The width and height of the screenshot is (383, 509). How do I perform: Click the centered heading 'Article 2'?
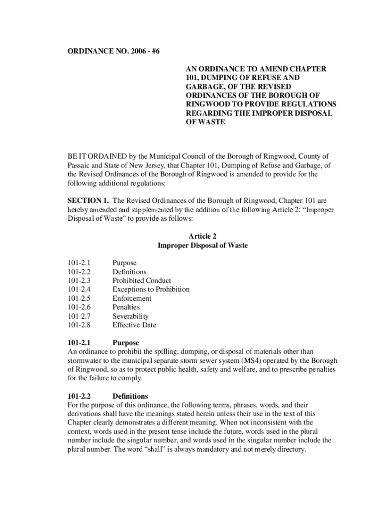point(202,237)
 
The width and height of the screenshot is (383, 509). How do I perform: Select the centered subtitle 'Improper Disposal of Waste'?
point(202,246)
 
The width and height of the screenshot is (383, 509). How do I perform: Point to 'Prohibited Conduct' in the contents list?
point(142,281)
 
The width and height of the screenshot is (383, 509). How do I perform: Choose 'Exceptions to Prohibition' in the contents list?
point(151,290)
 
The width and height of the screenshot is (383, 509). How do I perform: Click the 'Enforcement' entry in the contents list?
point(132,299)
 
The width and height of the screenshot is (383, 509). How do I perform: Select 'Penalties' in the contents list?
point(126,308)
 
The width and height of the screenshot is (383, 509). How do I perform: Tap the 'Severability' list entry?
point(130,317)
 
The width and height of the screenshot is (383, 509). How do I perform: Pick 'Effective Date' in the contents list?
point(134,326)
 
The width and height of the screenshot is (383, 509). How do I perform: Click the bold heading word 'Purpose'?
point(126,343)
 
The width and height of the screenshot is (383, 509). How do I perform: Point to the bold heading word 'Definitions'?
point(130,396)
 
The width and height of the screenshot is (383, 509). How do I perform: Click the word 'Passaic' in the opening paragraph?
point(79,166)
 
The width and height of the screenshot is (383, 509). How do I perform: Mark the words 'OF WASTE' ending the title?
point(205,122)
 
